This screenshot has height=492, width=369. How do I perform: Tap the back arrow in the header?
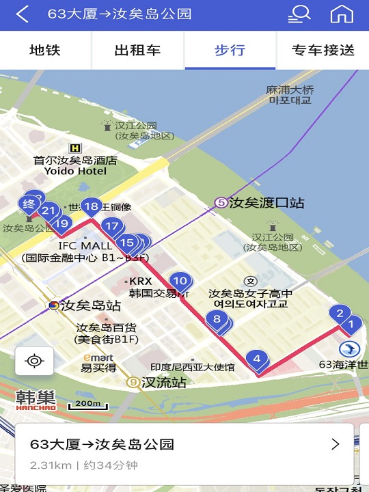click(x=23, y=14)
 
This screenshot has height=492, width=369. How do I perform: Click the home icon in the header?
click(x=342, y=14)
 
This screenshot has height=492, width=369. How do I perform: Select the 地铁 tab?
click(x=46, y=51)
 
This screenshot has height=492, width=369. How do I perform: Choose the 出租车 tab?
click(x=137, y=51)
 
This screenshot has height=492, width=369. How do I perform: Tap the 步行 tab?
click(x=230, y=51)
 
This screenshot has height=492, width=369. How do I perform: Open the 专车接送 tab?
click(x=323, y=51)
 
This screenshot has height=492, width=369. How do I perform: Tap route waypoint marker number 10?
click(x=180, y=281)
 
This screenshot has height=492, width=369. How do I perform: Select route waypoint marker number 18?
click(x=91, y=206)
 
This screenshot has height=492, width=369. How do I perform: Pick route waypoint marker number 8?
click(x=217, y=318)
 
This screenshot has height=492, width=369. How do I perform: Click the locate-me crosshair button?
click(x=34, y=360)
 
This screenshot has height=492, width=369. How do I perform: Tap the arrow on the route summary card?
click(x=335, y=444)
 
